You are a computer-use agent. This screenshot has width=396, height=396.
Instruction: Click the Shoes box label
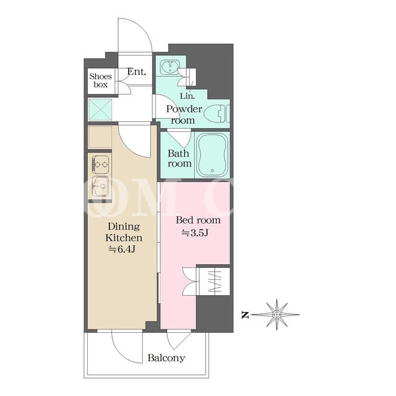100,80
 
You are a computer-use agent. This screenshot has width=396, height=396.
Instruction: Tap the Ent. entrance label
137,72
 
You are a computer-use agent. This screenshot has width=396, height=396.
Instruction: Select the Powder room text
184,114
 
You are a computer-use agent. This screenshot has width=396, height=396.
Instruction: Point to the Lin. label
187,96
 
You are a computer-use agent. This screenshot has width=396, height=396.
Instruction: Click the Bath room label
179,158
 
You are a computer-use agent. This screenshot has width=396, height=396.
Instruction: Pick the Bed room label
198,220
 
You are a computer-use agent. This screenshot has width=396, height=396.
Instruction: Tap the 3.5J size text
195,233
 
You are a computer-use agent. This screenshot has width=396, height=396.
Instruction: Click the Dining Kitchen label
124,232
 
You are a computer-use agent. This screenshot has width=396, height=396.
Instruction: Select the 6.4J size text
122,249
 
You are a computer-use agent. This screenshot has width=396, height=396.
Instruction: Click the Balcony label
166,358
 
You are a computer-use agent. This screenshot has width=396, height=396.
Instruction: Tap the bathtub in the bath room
212,155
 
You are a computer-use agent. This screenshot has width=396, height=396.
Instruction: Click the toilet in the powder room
217,113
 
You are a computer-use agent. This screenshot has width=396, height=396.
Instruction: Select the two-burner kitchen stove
101,165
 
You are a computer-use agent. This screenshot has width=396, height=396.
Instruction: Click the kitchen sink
100,187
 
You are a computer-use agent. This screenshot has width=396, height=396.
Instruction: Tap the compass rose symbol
277,315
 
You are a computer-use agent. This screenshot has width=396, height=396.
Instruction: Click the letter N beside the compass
245,315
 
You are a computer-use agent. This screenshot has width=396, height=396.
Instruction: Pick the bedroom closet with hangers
215,282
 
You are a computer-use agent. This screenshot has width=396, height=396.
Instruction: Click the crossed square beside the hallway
100,110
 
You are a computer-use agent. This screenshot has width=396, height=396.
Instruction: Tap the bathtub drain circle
212,171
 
